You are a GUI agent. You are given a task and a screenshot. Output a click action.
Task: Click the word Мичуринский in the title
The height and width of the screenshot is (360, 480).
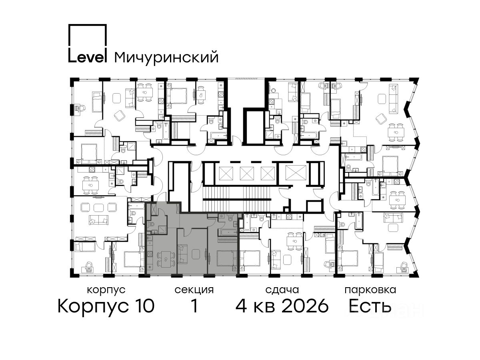point(166,57)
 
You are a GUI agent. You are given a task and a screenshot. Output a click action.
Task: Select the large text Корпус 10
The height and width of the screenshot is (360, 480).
point(106,306)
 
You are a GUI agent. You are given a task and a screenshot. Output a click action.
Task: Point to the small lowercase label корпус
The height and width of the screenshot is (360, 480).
point(106,290)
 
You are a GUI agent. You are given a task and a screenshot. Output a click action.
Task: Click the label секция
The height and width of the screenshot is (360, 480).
point(194,290)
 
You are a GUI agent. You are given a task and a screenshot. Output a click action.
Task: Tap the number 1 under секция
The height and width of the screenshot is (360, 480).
point(194,306)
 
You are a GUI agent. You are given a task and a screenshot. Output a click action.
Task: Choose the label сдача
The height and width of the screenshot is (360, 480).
point(282,290)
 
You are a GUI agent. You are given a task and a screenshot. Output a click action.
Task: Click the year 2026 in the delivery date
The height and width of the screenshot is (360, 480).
point(305,306)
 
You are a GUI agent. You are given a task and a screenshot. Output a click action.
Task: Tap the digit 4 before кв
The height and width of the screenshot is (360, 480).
point(241,306)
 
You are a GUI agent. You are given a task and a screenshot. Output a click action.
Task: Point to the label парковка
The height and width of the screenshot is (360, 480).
point(370,290)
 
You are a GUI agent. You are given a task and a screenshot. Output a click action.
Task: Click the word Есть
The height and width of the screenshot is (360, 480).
point(370,306)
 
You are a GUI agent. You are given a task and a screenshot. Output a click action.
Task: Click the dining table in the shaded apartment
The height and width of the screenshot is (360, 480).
point(166,260)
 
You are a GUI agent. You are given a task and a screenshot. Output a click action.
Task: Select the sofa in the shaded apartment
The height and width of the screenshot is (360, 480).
point(182,254)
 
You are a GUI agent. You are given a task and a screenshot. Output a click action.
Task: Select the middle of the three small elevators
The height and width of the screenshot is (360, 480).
point(247,173)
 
